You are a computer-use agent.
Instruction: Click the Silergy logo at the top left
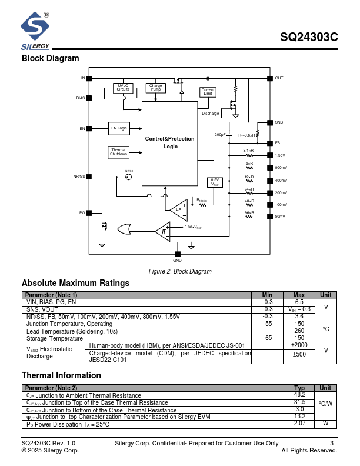pos(36,31)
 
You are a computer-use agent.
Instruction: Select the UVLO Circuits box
pos(123,88)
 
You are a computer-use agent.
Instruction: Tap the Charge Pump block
pos(155,88)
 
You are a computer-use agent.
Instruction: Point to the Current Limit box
pos(208,92)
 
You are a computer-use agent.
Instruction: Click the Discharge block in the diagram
pos(210,113)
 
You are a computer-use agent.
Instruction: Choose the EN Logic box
pos(119,128)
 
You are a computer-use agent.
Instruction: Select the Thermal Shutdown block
pos(118,152)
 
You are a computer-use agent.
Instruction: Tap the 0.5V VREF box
pos(215,182)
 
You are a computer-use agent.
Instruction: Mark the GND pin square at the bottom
pos(177,254)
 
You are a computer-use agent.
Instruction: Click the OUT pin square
pos(269,78)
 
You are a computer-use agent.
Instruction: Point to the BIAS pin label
pos(80,98)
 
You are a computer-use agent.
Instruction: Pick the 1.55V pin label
pos(280,155)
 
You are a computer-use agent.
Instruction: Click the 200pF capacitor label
pos(219,135)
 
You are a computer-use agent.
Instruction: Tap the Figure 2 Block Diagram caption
pos(180,271)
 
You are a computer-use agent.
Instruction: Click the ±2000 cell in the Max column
pos(299,345)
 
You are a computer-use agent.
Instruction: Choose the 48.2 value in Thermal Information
pos(299,395)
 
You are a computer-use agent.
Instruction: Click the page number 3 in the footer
pos(332,443)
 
